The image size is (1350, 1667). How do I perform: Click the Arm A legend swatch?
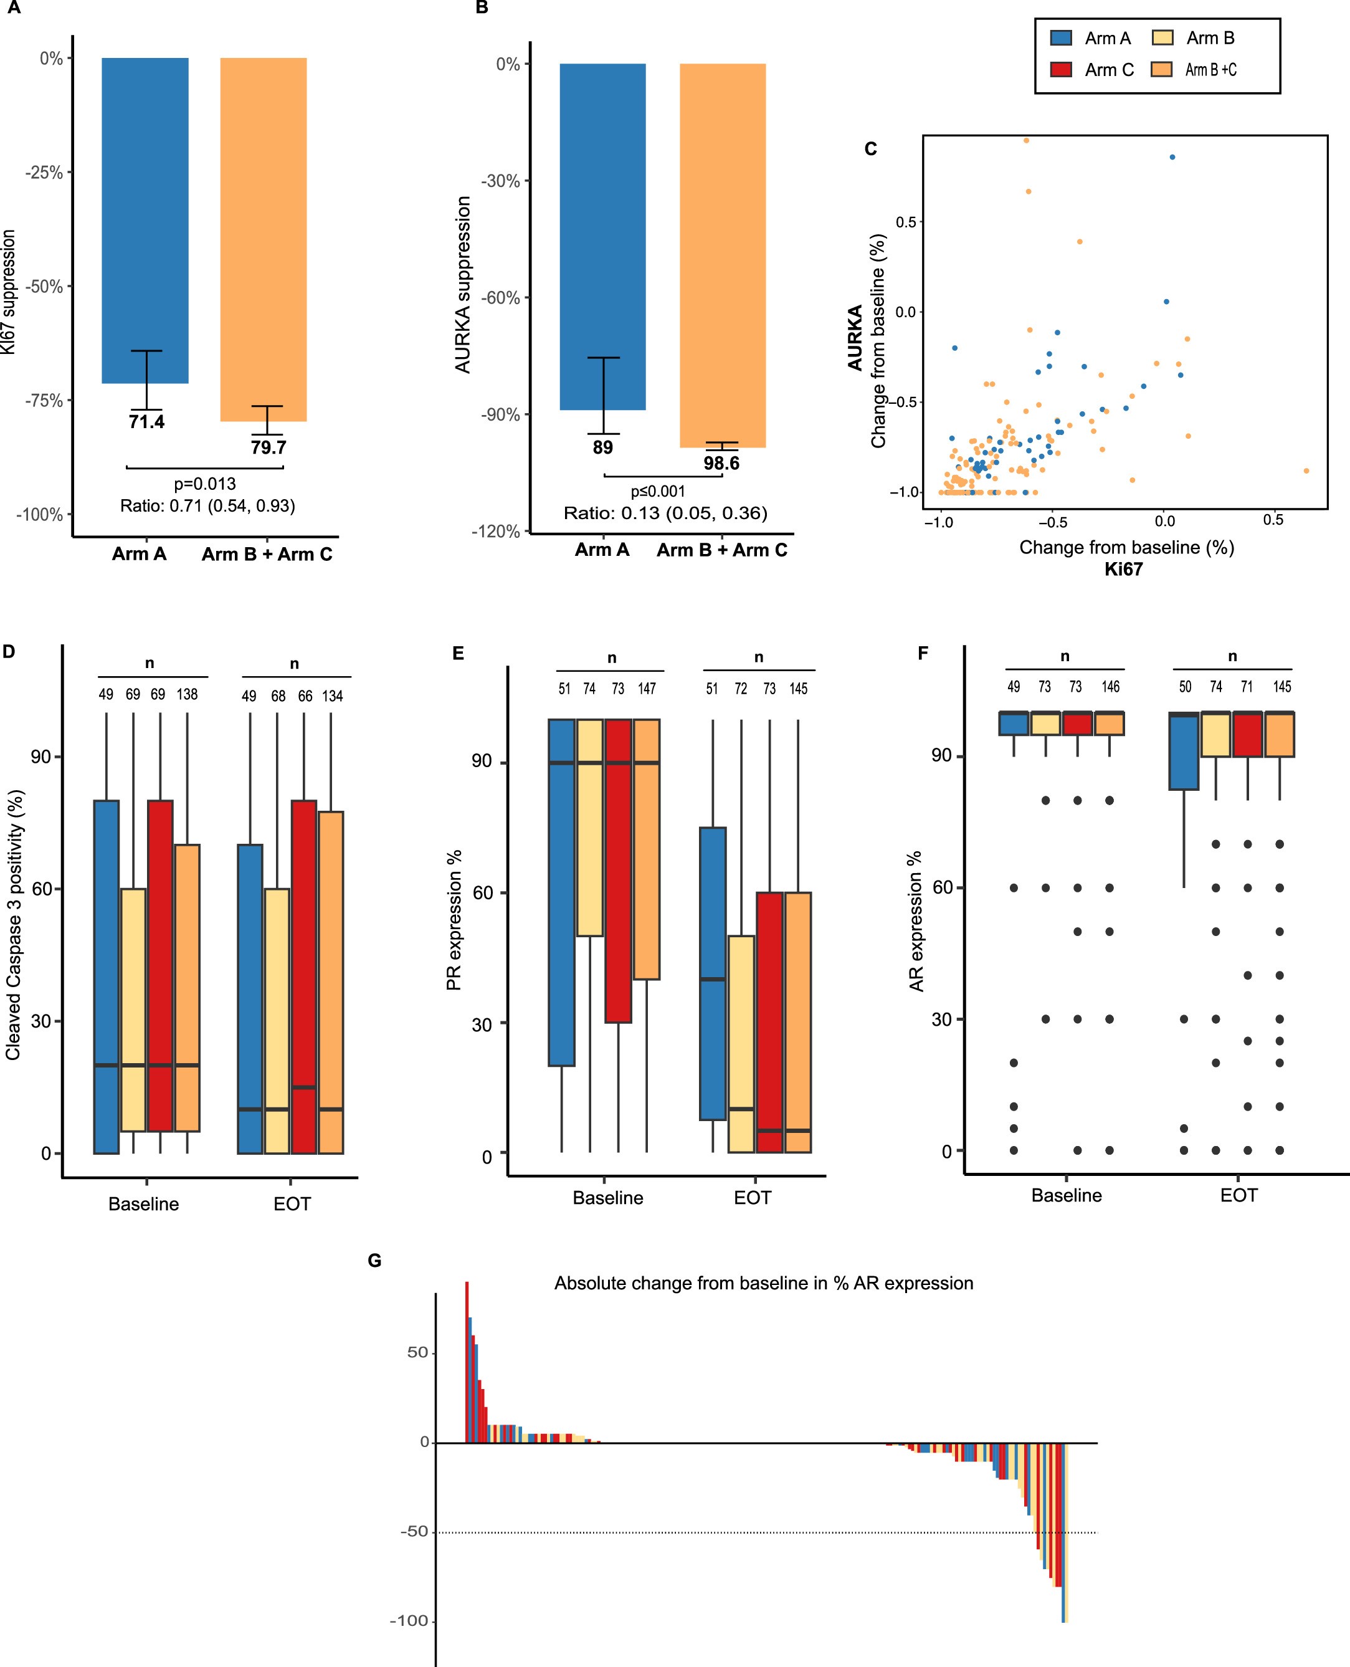[x=1061, y=37]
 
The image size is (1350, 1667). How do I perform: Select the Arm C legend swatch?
[x=1061, y=70]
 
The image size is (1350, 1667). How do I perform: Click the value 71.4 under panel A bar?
[x=146, y=423]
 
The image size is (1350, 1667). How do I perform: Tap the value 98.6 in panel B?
[x=721, y=464]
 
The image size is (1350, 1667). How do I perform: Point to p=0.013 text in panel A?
[x=204, y=484]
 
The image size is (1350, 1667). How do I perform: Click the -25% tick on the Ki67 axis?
[x=44, y=173]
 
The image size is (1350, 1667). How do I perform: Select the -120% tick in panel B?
[x=495, y=532]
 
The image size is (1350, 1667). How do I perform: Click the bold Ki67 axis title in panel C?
[x=1124, y=570]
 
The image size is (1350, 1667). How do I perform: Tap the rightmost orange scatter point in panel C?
[x=1306, y=470]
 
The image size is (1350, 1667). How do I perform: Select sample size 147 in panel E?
[x=646, y=689]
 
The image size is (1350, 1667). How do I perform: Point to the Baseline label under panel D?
[x=144, y=1204]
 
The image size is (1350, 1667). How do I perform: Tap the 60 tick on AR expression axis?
[x=942, y=887]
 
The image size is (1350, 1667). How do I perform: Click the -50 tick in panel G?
[x=414, y=1532]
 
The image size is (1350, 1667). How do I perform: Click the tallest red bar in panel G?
[x=467, y=1361]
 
